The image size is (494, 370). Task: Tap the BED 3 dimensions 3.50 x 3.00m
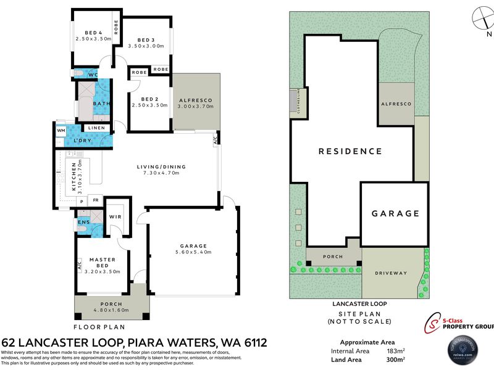146,46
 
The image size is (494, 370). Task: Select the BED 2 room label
150,99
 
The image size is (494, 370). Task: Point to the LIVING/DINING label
161,166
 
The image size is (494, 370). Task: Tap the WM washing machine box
61,131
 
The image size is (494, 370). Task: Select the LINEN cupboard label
97,128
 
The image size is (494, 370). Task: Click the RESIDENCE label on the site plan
350,151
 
